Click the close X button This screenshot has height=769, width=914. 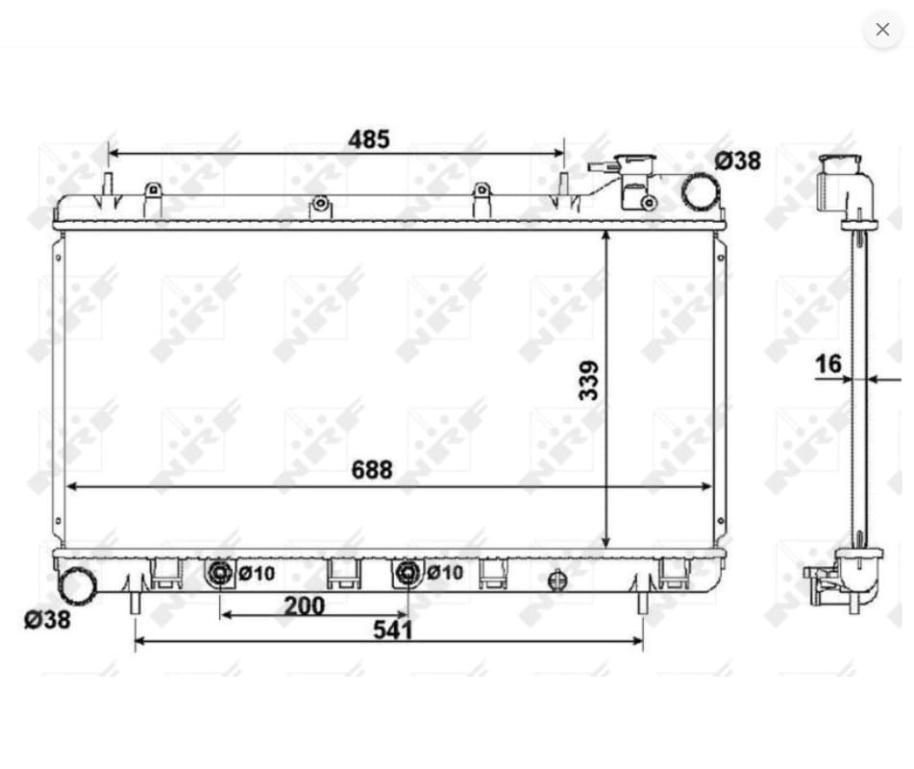[882, 29]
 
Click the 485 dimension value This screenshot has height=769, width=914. [368, 139]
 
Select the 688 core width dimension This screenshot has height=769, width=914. [372, 469]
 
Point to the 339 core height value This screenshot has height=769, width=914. [589, 381]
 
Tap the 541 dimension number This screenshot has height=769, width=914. [393, 630]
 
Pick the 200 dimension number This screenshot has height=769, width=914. [304, 606]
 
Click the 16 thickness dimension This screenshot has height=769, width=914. [828, 363]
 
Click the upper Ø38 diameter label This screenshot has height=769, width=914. [738, 161]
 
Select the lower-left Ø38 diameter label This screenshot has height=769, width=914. [47, 619]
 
